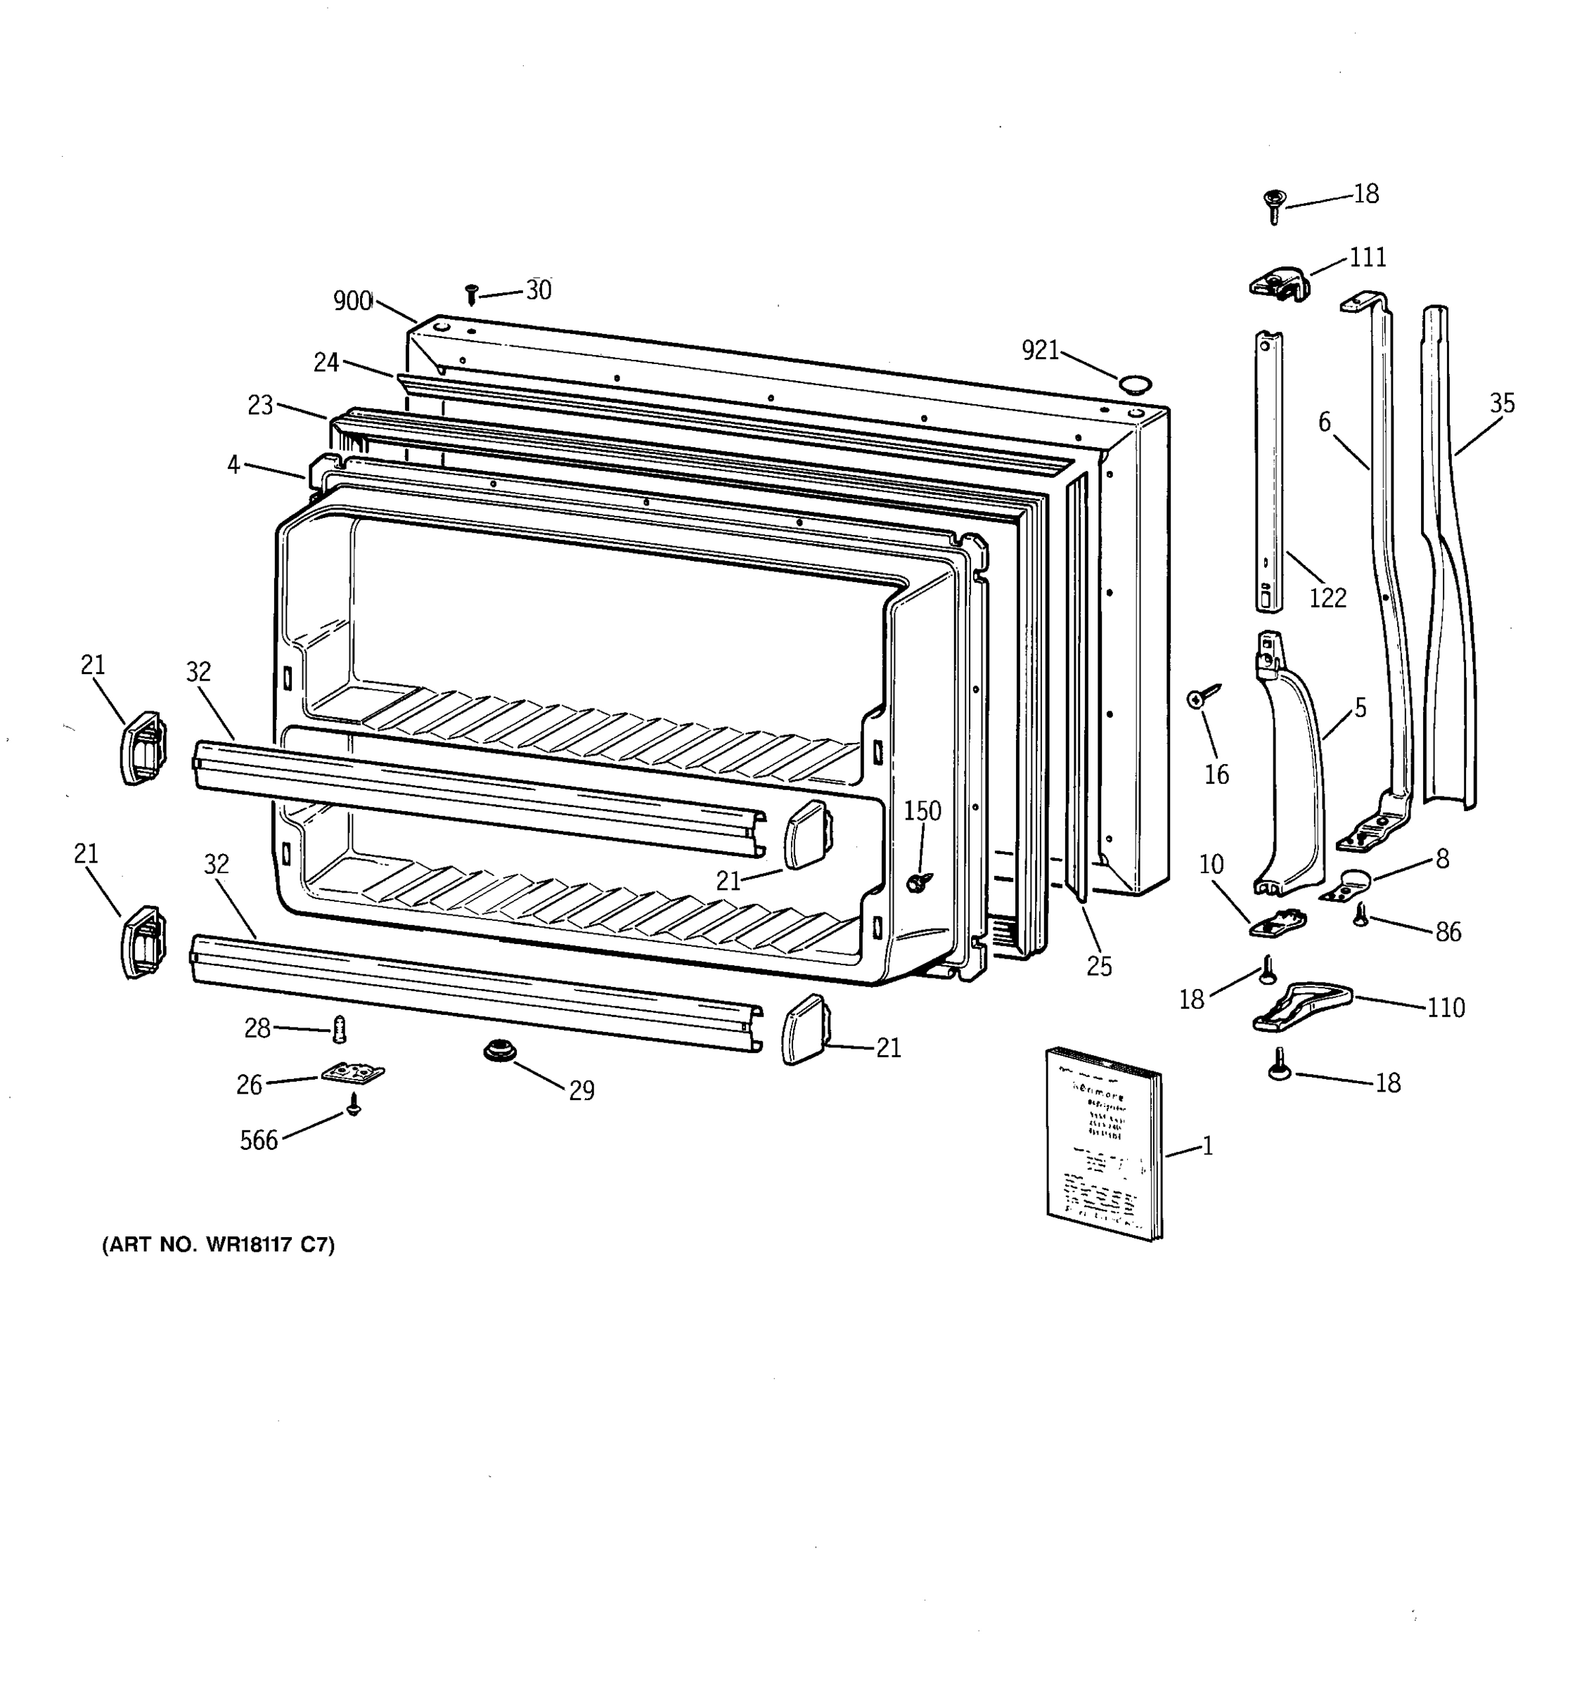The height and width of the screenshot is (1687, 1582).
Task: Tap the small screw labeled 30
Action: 472,295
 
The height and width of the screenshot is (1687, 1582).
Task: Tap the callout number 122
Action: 1327,598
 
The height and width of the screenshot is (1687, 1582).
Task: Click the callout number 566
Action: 259,1141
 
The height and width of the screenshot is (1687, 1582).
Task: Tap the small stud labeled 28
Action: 340,1029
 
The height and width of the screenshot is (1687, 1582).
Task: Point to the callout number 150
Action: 922,811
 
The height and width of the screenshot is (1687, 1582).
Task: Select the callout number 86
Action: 1448,932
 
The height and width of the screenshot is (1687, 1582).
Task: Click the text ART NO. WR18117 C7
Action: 218,1245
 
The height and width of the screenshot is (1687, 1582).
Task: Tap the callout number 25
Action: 1098,966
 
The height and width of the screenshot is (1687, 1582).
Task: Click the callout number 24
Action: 326,363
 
